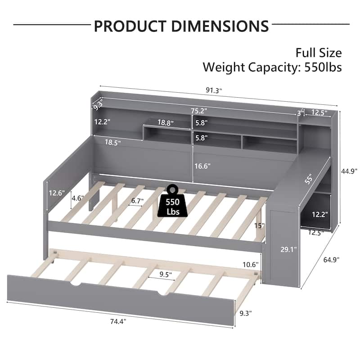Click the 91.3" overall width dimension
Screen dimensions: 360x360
point(214,90)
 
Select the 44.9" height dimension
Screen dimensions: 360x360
point(349,171)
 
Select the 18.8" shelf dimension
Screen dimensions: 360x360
point(166,122)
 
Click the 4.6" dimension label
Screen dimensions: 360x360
point(77,197)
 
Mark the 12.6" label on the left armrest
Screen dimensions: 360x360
point(57,193)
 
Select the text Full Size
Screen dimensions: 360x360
point(318,53)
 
